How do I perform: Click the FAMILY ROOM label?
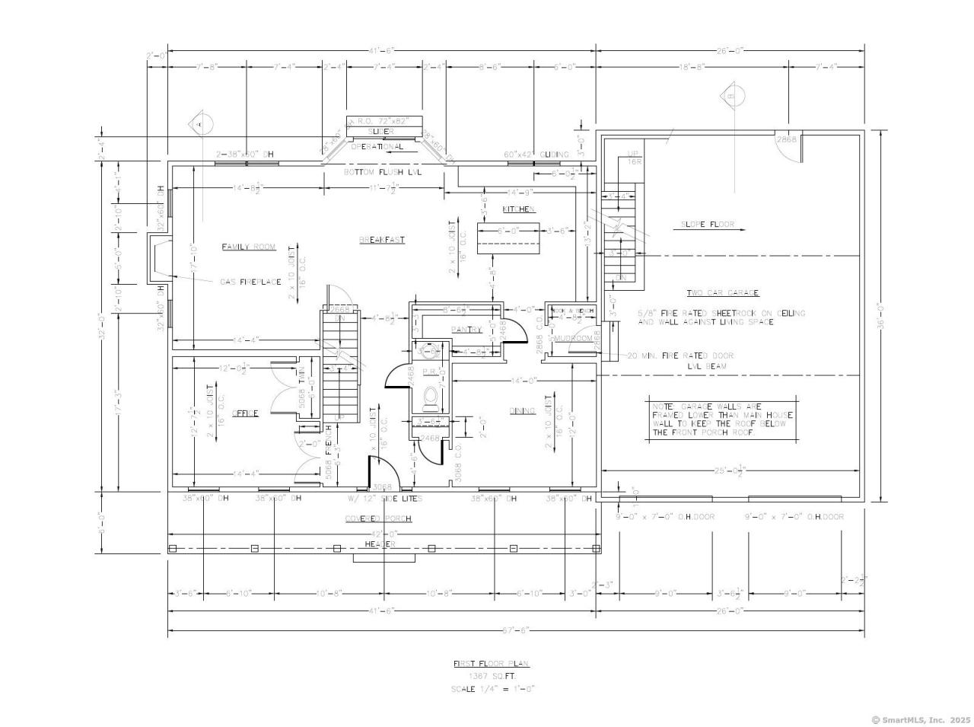coord(248,247)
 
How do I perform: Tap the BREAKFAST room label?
coord(382,240)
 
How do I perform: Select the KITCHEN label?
coord(518,209)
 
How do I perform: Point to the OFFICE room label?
coord(245,413)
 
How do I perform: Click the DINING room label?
coord(523,411)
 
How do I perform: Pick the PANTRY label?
coord(466,330)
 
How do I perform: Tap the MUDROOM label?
coord(572,338)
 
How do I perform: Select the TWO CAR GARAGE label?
coord(723,293)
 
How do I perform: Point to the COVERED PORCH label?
coord(378,518)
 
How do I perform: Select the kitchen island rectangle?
coord(508,238)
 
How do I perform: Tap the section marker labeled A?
coord(200,123)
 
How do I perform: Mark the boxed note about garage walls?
coord(721,419)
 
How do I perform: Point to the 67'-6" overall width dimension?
coord(515,630)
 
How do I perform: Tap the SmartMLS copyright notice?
coord(921,719)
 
